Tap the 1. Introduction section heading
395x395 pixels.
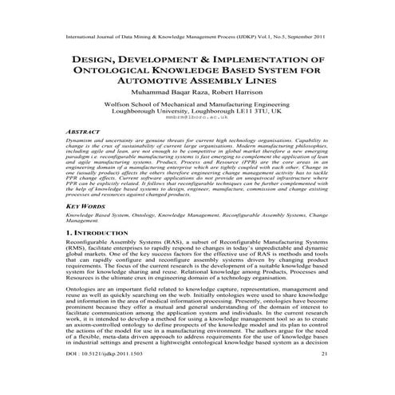(x=95, y=232)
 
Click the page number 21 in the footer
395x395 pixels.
(x=324, y=375)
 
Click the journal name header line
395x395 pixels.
(x=197, y=37)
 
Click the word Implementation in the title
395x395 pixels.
(x=257, y=58)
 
